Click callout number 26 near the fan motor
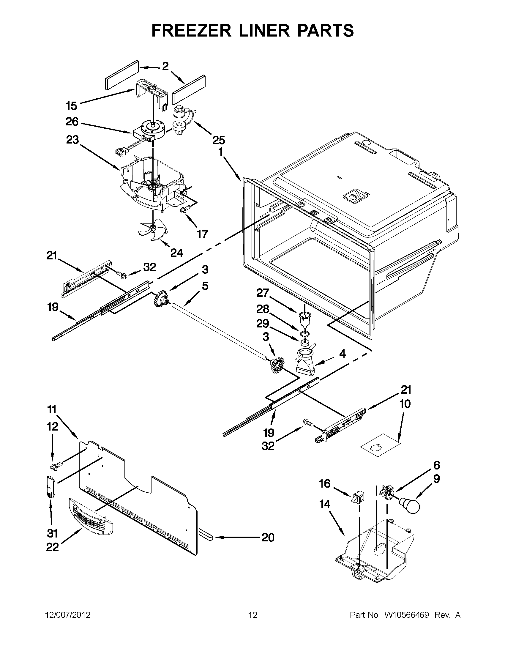click(x=72, y=122)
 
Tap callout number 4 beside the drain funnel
click(x=343, y=354)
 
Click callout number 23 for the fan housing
click(x=72, y=140)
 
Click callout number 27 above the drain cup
click(x=263, y=293)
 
